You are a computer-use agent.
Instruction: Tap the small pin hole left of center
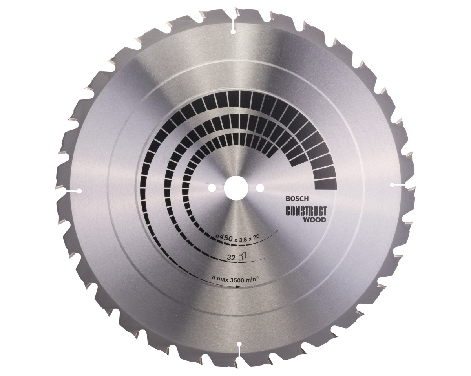[x=212, y=187]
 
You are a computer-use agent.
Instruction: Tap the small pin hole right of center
[x=260, y=187]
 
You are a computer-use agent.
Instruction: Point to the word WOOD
[x=316, y=220]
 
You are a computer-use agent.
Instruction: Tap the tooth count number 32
[x=231, y=258]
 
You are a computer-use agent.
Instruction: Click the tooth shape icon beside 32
[x=242, y=257]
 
